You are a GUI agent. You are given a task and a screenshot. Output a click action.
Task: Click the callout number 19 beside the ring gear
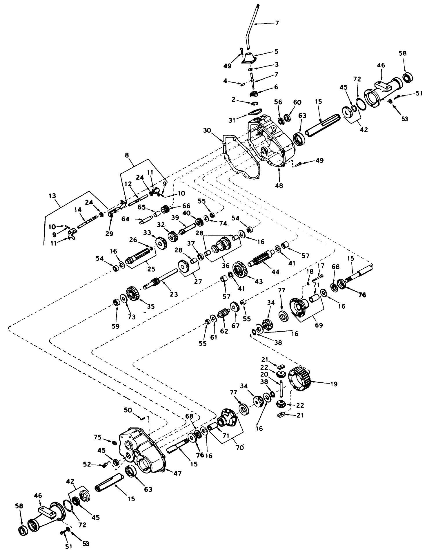pyautogui.click(x=334, y=384)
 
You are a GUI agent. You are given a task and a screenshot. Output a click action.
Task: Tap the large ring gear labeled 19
pyautogui.click(x=299, y=379)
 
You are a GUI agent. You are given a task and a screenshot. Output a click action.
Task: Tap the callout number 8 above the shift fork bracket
pyautogui.click(x=127, y=155)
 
